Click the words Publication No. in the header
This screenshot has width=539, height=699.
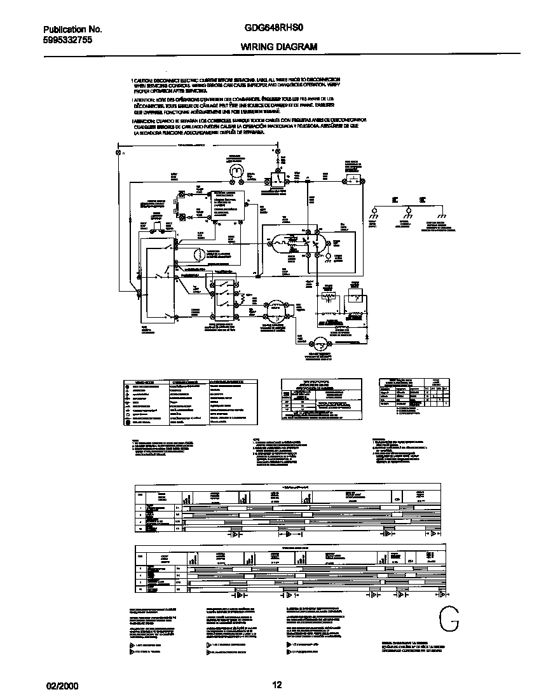[x=72, y=29]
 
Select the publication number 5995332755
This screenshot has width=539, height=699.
[x=69, y=39]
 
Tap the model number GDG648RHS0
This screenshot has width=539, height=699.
[x=270, y=29]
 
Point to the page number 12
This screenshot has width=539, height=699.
[x=276, y=684]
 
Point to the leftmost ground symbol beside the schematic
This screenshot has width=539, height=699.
[x=373, y=213]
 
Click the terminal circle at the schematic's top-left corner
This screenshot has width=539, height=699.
[x=118, y=153]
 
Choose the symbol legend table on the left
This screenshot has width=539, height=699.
[x=191, y=402]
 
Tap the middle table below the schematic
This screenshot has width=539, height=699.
[x=322, y=398]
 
